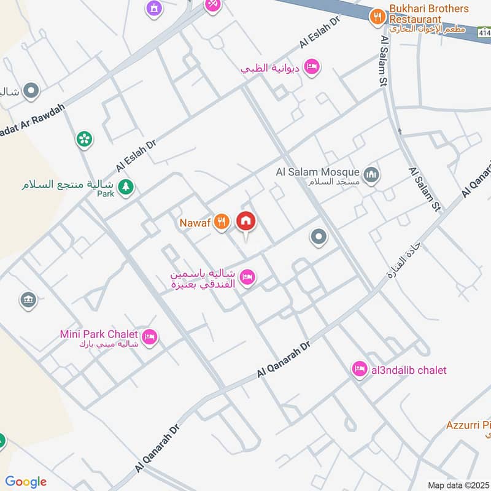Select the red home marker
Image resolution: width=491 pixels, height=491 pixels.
tap(246, 222)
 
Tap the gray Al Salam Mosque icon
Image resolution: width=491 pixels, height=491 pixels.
tap(371, 176)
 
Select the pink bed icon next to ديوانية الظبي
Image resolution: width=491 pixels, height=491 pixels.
tap(312, 67)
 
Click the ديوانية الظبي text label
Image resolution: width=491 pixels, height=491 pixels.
tap(270, 68)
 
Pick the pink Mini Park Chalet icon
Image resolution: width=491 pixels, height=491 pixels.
tap(149, 337)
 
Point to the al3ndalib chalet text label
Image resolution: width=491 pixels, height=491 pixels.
tap(408, 370)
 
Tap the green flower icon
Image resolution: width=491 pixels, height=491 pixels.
tap(85, 139)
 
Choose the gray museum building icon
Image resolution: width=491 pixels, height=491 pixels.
tap(28, 300)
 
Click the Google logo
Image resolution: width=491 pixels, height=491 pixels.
tap(26, 482)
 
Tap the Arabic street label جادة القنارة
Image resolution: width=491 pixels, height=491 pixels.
tap(404, 265)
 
